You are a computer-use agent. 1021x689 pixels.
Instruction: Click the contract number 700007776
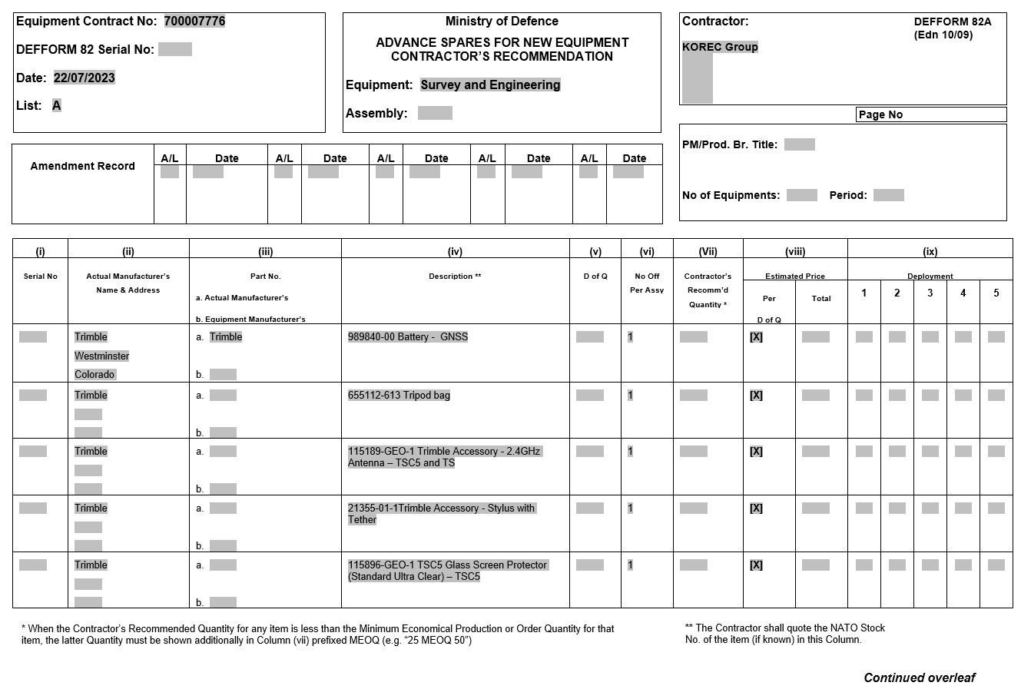[x=194, y=22]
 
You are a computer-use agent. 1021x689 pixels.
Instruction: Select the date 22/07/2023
[x=84, y=78]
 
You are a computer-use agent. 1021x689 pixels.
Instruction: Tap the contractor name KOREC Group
[x=720, y=47]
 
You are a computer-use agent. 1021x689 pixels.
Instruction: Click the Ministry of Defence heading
[x=502, y=22]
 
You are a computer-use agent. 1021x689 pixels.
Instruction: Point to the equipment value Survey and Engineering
[x=490, y=85]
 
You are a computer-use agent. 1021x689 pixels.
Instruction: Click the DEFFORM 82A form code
[x=952, y=22]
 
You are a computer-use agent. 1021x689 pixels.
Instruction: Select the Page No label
[x=880, y=115]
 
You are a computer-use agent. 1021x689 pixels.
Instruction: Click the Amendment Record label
[x=82, y=166]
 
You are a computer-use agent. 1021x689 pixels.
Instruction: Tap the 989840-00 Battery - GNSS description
[x=407, y=337]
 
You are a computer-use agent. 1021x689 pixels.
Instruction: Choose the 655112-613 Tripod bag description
[x=399, y=396]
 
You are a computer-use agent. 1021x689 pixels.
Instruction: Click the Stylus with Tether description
[x=441, y=514]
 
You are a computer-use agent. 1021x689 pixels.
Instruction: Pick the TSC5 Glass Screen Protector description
[x=447, y=571]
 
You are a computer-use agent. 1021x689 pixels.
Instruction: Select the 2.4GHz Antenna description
[x=445, y=457]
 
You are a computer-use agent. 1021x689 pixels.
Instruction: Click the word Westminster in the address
[x=101, y=356]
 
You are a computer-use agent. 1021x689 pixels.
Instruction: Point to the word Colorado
[x=94, y=375]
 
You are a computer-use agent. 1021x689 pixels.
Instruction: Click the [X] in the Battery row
[x=756, y=337]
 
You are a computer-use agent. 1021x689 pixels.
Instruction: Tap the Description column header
[x=455, y=277]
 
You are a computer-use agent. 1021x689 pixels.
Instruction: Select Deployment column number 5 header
[x=996, y=293]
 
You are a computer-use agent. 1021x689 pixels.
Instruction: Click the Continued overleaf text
[x=919, y=677]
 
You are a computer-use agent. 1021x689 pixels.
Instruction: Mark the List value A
[x=56, y=106]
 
